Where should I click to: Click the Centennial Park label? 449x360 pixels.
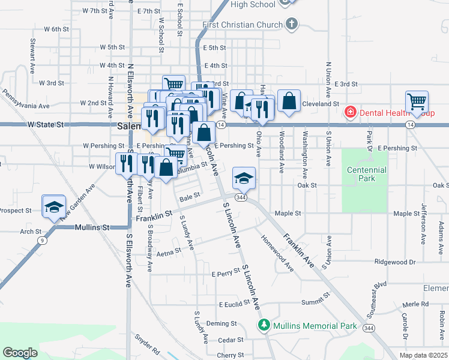pyautogui.click(x=365, y=174)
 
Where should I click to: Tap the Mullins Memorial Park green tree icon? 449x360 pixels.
pyautogui.click(x=264, y=326)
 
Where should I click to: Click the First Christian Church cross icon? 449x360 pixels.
pyautogui.click(x=292, y=25)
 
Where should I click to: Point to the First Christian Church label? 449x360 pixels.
pyautogui.click(x=243, y=25)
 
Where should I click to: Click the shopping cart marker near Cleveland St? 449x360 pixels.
pyautogui.click(x=416, y=103)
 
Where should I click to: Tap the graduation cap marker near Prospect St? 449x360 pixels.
pyautogui.click(x=54, y=206)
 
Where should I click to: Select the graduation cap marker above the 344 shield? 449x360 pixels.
pyautogui.click(x=244, y=178)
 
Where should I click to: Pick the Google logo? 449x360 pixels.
pyautogui.click(x=20, y=353)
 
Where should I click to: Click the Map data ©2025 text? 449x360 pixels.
pyautogui.click(x=423, y=355)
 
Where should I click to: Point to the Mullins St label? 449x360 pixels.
pyautogui.click(x=92, y=227)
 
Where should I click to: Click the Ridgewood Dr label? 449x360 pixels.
pyautogui.click(x=394, y=262)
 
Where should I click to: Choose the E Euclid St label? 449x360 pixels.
pyautogui.click(x=229, y=305)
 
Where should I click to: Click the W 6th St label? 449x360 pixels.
pyautogui.click(x=56, y=29)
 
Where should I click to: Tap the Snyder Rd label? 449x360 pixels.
pyautogui.click(x=148, y=344)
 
